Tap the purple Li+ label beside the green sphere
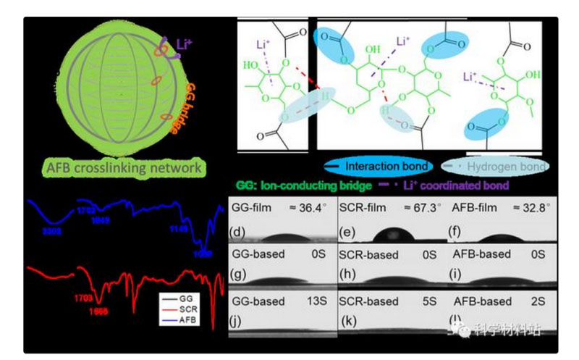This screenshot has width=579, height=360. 185,46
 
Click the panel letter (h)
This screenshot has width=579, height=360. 350,276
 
